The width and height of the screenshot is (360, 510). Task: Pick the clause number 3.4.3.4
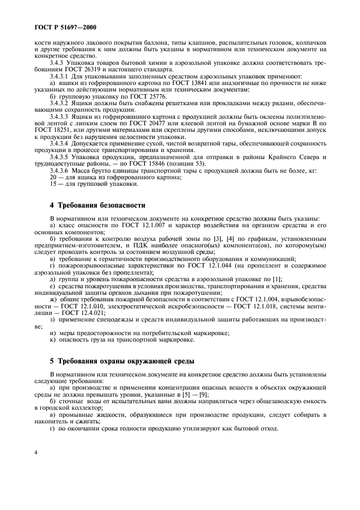[60, 141]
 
